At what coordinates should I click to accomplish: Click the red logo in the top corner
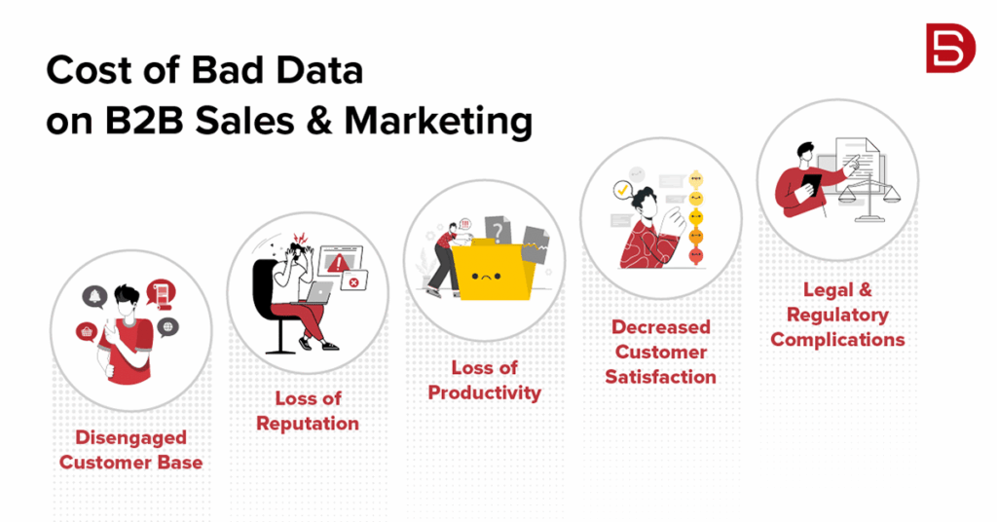click(x=950, y=48)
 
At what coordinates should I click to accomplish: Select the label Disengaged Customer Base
click(x=130, y=450)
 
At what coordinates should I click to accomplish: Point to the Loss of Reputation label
click(x=307, y=411)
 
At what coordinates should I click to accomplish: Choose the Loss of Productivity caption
click(x=484, y=380)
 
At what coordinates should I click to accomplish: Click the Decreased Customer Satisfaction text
click(x=661, y=352)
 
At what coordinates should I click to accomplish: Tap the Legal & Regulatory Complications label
click(x=837, y=315)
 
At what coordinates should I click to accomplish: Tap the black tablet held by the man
click(x=807, y=191)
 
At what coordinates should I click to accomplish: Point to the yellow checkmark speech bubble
click(x=619, y=189)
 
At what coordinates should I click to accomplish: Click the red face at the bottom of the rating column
click(x=695, y=256)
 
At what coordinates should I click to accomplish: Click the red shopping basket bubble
click(x=85, y=333)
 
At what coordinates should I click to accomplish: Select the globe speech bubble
click(x=167, y=326)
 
